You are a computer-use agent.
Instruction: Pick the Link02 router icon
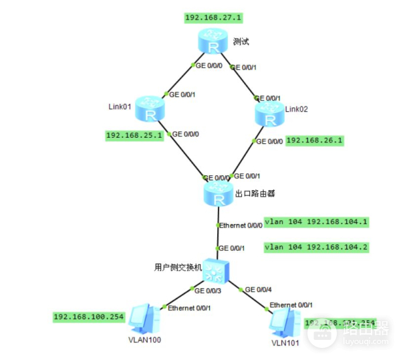(269, 114)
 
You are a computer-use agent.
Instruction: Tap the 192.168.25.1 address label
(134, 136)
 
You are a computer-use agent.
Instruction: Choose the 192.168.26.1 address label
(314, 141)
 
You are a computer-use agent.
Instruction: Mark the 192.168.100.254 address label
(89, 317)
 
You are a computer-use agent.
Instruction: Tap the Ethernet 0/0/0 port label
(241, 223)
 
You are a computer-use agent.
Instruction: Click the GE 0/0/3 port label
(208, 290)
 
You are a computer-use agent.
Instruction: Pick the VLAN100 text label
(145, 340)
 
